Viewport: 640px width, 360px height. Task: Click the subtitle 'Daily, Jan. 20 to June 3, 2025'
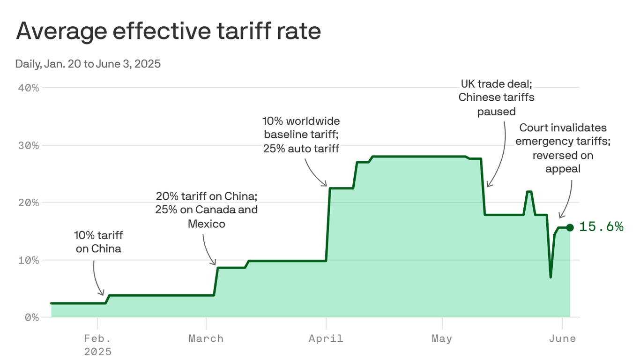click(88, 64)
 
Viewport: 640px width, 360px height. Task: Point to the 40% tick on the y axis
click(29, 88)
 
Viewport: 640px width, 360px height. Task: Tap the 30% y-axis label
click(29, 145)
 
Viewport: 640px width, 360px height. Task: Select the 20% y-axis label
click(29, 202)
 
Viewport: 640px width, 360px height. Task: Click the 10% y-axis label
click(29, 260)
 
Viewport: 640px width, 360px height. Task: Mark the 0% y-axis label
click(32, 317)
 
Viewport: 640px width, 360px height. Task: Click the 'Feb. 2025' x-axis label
click(98, 345)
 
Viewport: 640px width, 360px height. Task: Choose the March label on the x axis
click(206, 338)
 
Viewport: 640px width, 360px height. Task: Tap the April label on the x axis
click(326, 338)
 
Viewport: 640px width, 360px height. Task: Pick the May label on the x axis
click(442, 338)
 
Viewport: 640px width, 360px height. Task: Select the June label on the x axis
click(562, 338)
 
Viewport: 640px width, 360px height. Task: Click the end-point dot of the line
click(570, 227)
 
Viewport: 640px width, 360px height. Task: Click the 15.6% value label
click(601, 227)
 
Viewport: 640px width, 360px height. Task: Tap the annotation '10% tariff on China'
click(98, 241)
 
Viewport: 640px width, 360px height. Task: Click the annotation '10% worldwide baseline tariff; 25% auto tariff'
click(301, 135)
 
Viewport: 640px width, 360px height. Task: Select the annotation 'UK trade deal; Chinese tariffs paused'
click(496, 97)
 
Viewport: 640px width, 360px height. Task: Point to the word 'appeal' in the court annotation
click(563, 169)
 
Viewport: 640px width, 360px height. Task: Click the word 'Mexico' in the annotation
click(206, 224)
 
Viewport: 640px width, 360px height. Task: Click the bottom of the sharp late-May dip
click(551, 277)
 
